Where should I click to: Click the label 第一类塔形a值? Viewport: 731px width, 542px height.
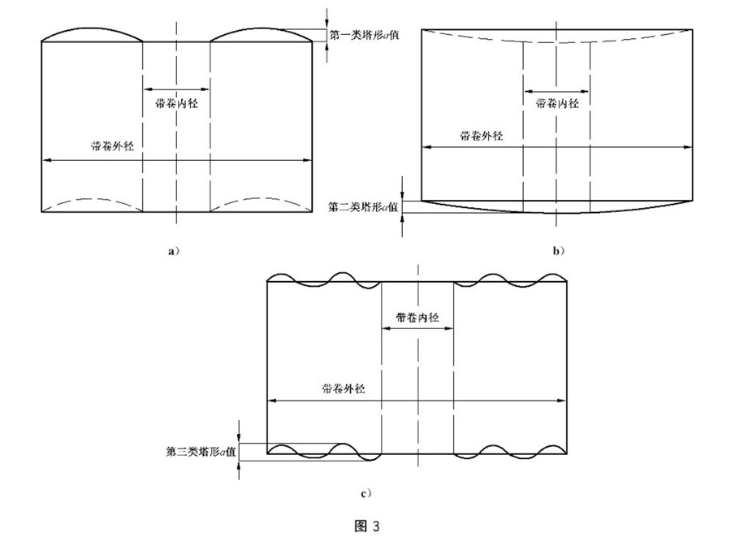pos(365,35)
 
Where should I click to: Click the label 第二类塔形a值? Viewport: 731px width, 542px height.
pos(363,207)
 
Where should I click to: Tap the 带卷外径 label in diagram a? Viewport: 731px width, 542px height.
pos(109,147)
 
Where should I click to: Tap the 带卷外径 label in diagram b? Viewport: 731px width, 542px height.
pos(481,136)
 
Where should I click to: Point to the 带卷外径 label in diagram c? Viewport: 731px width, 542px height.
pos(343,388)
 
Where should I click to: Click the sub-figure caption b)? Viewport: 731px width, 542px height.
pos(558,251)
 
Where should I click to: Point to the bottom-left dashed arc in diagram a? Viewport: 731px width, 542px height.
pos(92,200)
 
